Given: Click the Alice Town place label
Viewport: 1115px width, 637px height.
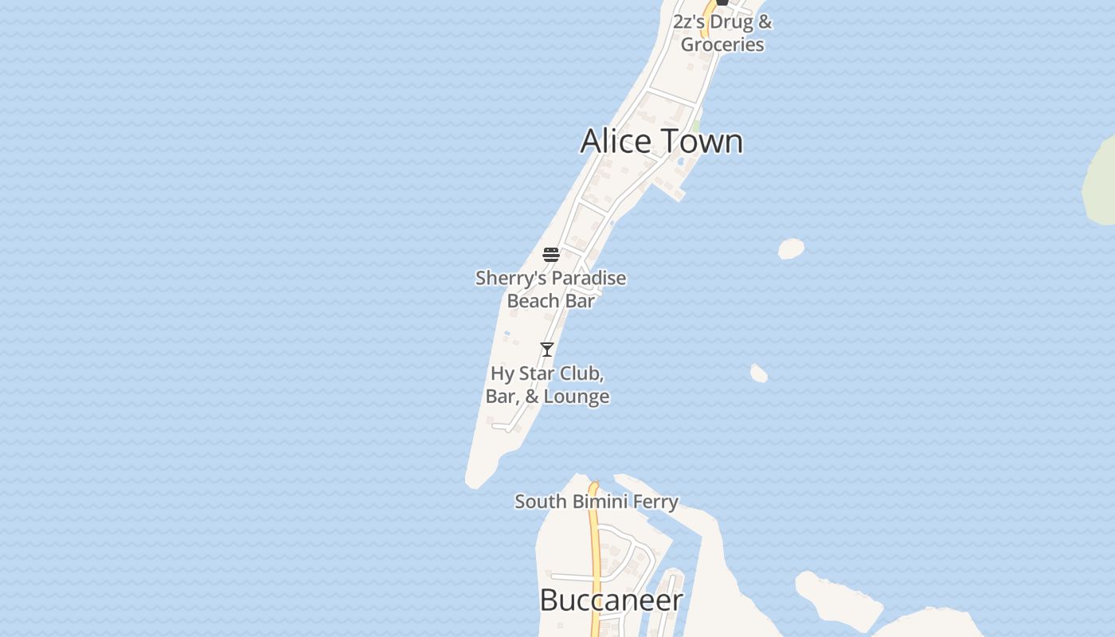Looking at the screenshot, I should pyautogui.click(x=661, y=141).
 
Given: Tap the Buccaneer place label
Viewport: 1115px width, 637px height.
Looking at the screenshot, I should pyautogui.click(x=611, y=600).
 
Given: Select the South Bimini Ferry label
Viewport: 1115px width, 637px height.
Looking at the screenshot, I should pyautogui.click(x=596, y=502).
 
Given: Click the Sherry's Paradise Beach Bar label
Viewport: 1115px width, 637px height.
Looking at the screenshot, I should pyautogui.click(x=550, y=289).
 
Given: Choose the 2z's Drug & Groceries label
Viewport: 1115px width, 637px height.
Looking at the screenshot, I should pyautogui.click(x=722, y=33).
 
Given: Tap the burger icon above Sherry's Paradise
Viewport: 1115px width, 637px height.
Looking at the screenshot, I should pyautogui.click(x=551, y=255).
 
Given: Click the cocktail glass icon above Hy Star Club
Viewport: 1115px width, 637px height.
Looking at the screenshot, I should pyautogui.click(x=547, y=350).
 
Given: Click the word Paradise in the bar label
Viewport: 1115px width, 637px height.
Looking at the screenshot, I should pyautogui.click(x=589, y=279).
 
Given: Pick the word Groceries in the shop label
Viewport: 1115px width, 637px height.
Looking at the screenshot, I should pyautogui.click(x=722, y=45).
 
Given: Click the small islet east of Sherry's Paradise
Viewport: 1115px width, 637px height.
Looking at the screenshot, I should pyautogui.click(x=791, y=249).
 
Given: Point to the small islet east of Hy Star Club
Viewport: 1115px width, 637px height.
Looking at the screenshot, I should pyautogui.click(x=759, y=373).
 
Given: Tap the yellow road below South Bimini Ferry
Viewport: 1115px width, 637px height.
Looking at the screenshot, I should pyautogui.click(x=594, y=557).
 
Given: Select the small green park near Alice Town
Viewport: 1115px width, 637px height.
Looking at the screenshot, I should pyautogui.click(x=697, y=127).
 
